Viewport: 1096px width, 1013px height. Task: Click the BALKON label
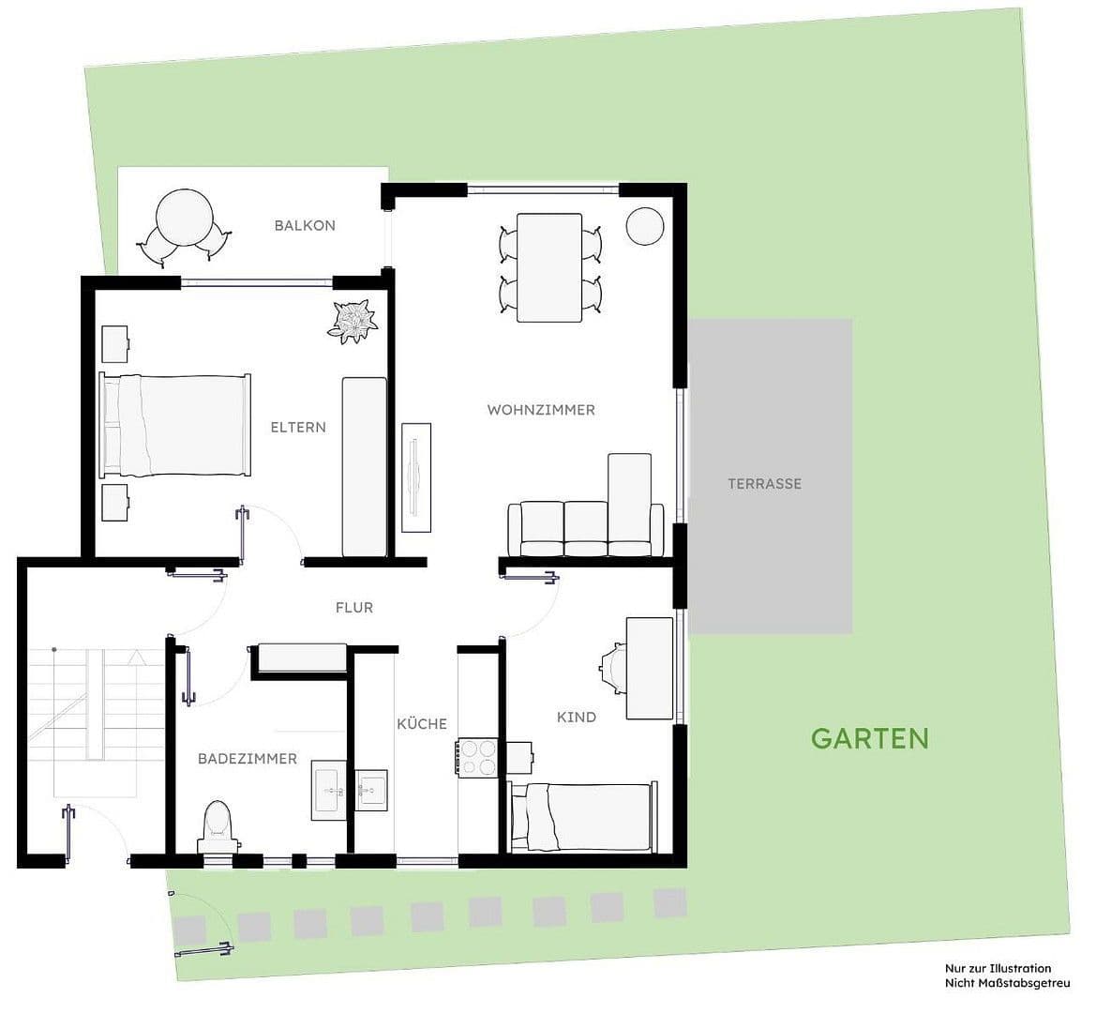tap(305, 225)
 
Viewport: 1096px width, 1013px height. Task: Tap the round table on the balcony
tap(185, 218)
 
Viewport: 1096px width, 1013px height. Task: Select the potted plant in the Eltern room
tap(353, 321)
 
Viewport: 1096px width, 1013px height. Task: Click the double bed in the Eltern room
tap(174, 425)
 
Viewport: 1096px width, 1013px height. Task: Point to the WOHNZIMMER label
tap(541, 410)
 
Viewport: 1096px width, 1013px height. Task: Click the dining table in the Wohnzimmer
tap(549, 267)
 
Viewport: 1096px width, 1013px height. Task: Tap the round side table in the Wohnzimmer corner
tap(644, 226)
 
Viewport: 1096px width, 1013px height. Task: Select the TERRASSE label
tap(765, 483)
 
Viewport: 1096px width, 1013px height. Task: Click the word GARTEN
tap(869, 739)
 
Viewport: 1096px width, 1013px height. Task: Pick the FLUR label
tap(354, 608)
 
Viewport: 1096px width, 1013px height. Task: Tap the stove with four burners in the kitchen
tap(477, 758)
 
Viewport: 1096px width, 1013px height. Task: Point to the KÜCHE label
tap(422, 723)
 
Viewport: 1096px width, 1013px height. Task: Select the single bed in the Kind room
tap(582, 817)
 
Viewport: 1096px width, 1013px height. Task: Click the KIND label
tap(577, 717)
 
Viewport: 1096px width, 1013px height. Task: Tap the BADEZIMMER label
tap(248, 759)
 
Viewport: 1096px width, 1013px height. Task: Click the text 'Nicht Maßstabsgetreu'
tap(1007, 984)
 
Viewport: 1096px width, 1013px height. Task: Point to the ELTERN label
tap(298, 427)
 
